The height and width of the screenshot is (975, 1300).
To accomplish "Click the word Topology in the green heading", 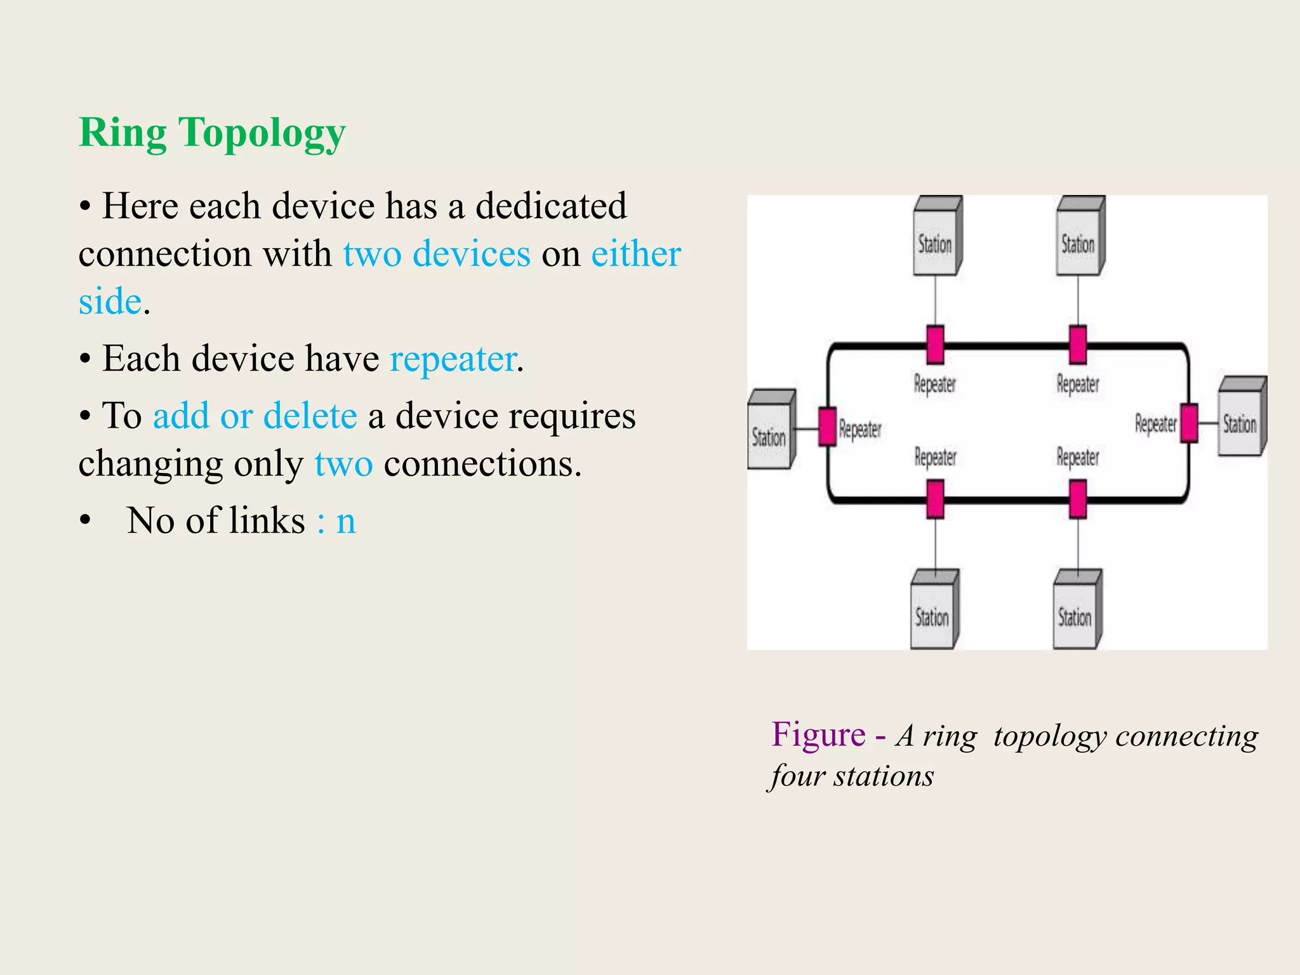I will click(x=262, y=133).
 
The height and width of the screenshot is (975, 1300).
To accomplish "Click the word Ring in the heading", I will click(x=123, y=133).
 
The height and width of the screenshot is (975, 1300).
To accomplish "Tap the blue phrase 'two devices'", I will click(x=437, y=254).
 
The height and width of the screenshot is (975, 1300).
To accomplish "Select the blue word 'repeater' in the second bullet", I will click(x=453, y=359).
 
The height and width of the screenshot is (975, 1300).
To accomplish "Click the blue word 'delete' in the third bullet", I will click(x=310, y=416).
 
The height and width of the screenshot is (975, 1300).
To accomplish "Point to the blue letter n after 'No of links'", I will click(x=346, y=521).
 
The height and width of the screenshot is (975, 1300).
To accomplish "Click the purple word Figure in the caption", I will click(x=818, y=735).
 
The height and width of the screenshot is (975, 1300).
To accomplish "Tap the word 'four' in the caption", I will click(x=796, y=776).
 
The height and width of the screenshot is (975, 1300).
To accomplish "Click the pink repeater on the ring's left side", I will click(x=827, y=427).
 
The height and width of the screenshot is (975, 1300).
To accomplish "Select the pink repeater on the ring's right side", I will click(x=1189, y=423).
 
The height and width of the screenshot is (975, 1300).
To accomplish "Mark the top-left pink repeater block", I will click(x=935, y=345).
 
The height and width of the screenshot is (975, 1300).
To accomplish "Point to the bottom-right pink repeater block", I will click(x=1078, y=499).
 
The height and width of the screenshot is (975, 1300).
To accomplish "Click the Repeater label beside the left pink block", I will click(x=859, y=429).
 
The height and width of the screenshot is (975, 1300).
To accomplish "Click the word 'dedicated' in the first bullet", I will click(x=550, y=206).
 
